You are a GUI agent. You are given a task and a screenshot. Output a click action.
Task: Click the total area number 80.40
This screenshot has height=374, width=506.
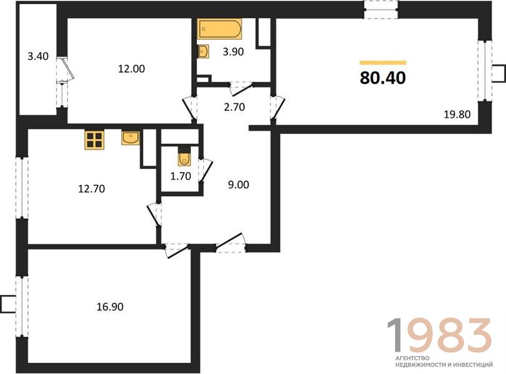(383, 78)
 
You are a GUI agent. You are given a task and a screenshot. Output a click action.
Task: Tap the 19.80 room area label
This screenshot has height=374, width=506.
(457, 114)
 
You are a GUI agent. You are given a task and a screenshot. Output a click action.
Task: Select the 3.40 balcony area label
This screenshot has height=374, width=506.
(38, 57)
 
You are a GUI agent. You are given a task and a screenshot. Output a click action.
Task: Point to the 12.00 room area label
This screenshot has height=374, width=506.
(131, 69)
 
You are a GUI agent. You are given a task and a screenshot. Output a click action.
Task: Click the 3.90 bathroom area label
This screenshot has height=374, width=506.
(233, 51)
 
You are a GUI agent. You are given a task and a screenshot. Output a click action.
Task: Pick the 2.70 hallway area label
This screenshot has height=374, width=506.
(234, 107)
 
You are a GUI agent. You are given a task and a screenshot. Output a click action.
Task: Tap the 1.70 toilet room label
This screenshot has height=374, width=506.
(181, 176)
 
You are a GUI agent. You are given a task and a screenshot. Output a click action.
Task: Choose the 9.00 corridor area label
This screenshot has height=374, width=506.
(239, 185)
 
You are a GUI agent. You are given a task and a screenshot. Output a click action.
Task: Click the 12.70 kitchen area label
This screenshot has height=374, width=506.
(92, 188)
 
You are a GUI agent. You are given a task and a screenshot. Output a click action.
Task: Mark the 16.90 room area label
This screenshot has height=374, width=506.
(110, 307)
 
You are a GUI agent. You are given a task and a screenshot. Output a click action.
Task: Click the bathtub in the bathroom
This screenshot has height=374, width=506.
(219, 29)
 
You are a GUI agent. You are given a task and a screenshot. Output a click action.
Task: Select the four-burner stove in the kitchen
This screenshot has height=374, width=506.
(94, 140)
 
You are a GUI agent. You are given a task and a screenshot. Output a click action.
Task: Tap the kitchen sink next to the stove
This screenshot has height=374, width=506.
(131, 138)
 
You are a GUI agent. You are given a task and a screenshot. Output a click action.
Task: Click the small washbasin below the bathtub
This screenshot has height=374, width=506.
(203, 51)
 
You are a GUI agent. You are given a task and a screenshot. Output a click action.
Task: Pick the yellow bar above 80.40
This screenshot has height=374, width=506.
(383, 62)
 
